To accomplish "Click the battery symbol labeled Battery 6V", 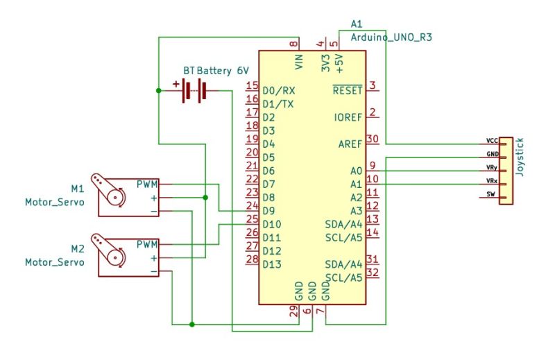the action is coord(194,91).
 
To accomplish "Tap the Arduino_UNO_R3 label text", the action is coord(391,37).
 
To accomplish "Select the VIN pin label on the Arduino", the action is coord(299,62).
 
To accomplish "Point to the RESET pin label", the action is coord(348,91).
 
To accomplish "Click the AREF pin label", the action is coord(350,144).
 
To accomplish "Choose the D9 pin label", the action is coord(268,211).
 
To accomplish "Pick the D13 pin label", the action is coord(272,264).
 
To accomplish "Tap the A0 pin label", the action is coord(357,171).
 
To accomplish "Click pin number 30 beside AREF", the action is coord(373,139).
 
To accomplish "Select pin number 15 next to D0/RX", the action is coord(253,85).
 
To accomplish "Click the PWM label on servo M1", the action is coord(147,184).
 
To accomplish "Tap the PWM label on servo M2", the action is coord(147,244).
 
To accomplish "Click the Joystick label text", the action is coord(520,157).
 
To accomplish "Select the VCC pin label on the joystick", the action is coord(492,141).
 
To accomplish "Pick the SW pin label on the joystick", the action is coord(490,194).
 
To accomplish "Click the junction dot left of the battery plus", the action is coord(159,91).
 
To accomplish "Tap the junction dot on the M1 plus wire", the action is coord(205,198).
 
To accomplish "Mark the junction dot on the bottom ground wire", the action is coord(192,324).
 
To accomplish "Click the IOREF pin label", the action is coord(348,117).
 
